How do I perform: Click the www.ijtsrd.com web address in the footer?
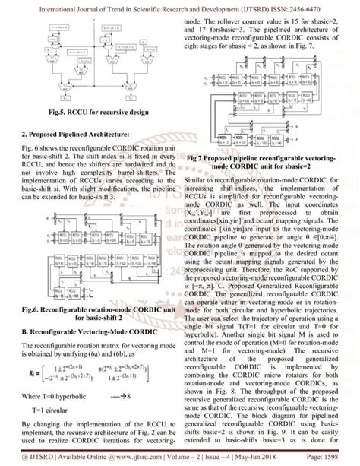pos(121,458)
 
